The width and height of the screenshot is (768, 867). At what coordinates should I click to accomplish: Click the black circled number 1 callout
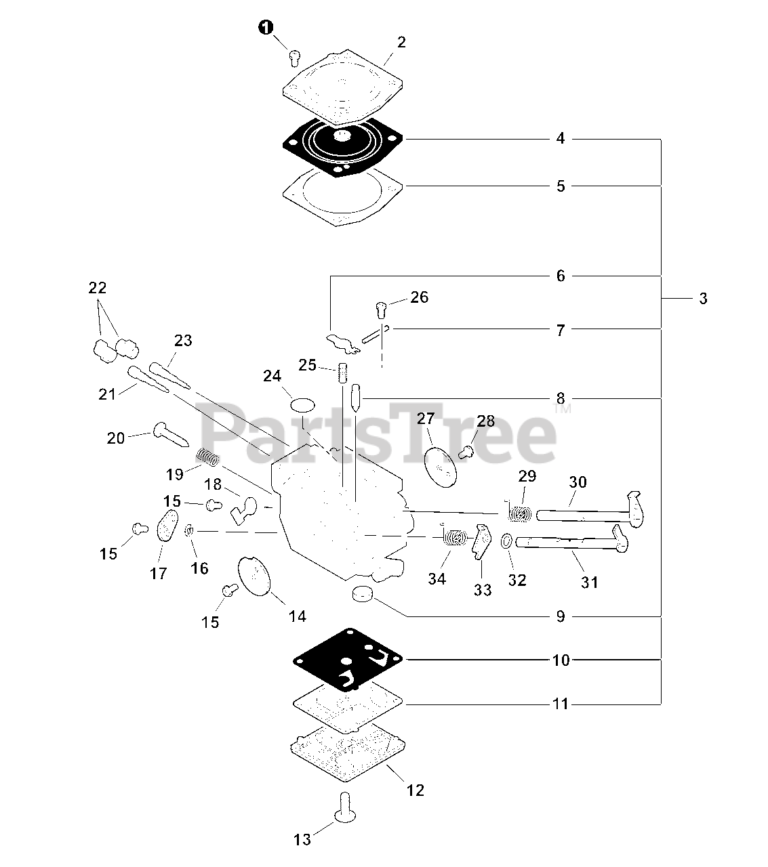266,27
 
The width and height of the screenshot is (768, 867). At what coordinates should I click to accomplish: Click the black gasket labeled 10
347,660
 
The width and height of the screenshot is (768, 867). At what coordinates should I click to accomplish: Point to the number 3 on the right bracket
703,298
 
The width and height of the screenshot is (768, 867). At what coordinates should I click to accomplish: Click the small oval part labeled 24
303,406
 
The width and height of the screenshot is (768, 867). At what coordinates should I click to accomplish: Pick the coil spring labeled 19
209,458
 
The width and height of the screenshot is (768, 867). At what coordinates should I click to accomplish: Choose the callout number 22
98,288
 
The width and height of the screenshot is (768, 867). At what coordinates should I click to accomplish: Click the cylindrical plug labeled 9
363,595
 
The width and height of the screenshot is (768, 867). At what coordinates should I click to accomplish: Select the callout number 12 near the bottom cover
415,790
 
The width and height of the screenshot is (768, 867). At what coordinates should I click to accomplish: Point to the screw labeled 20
171,433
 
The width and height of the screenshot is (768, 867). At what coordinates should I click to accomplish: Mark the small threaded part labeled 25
343,373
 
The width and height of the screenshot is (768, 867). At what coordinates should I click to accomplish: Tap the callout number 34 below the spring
437,579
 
